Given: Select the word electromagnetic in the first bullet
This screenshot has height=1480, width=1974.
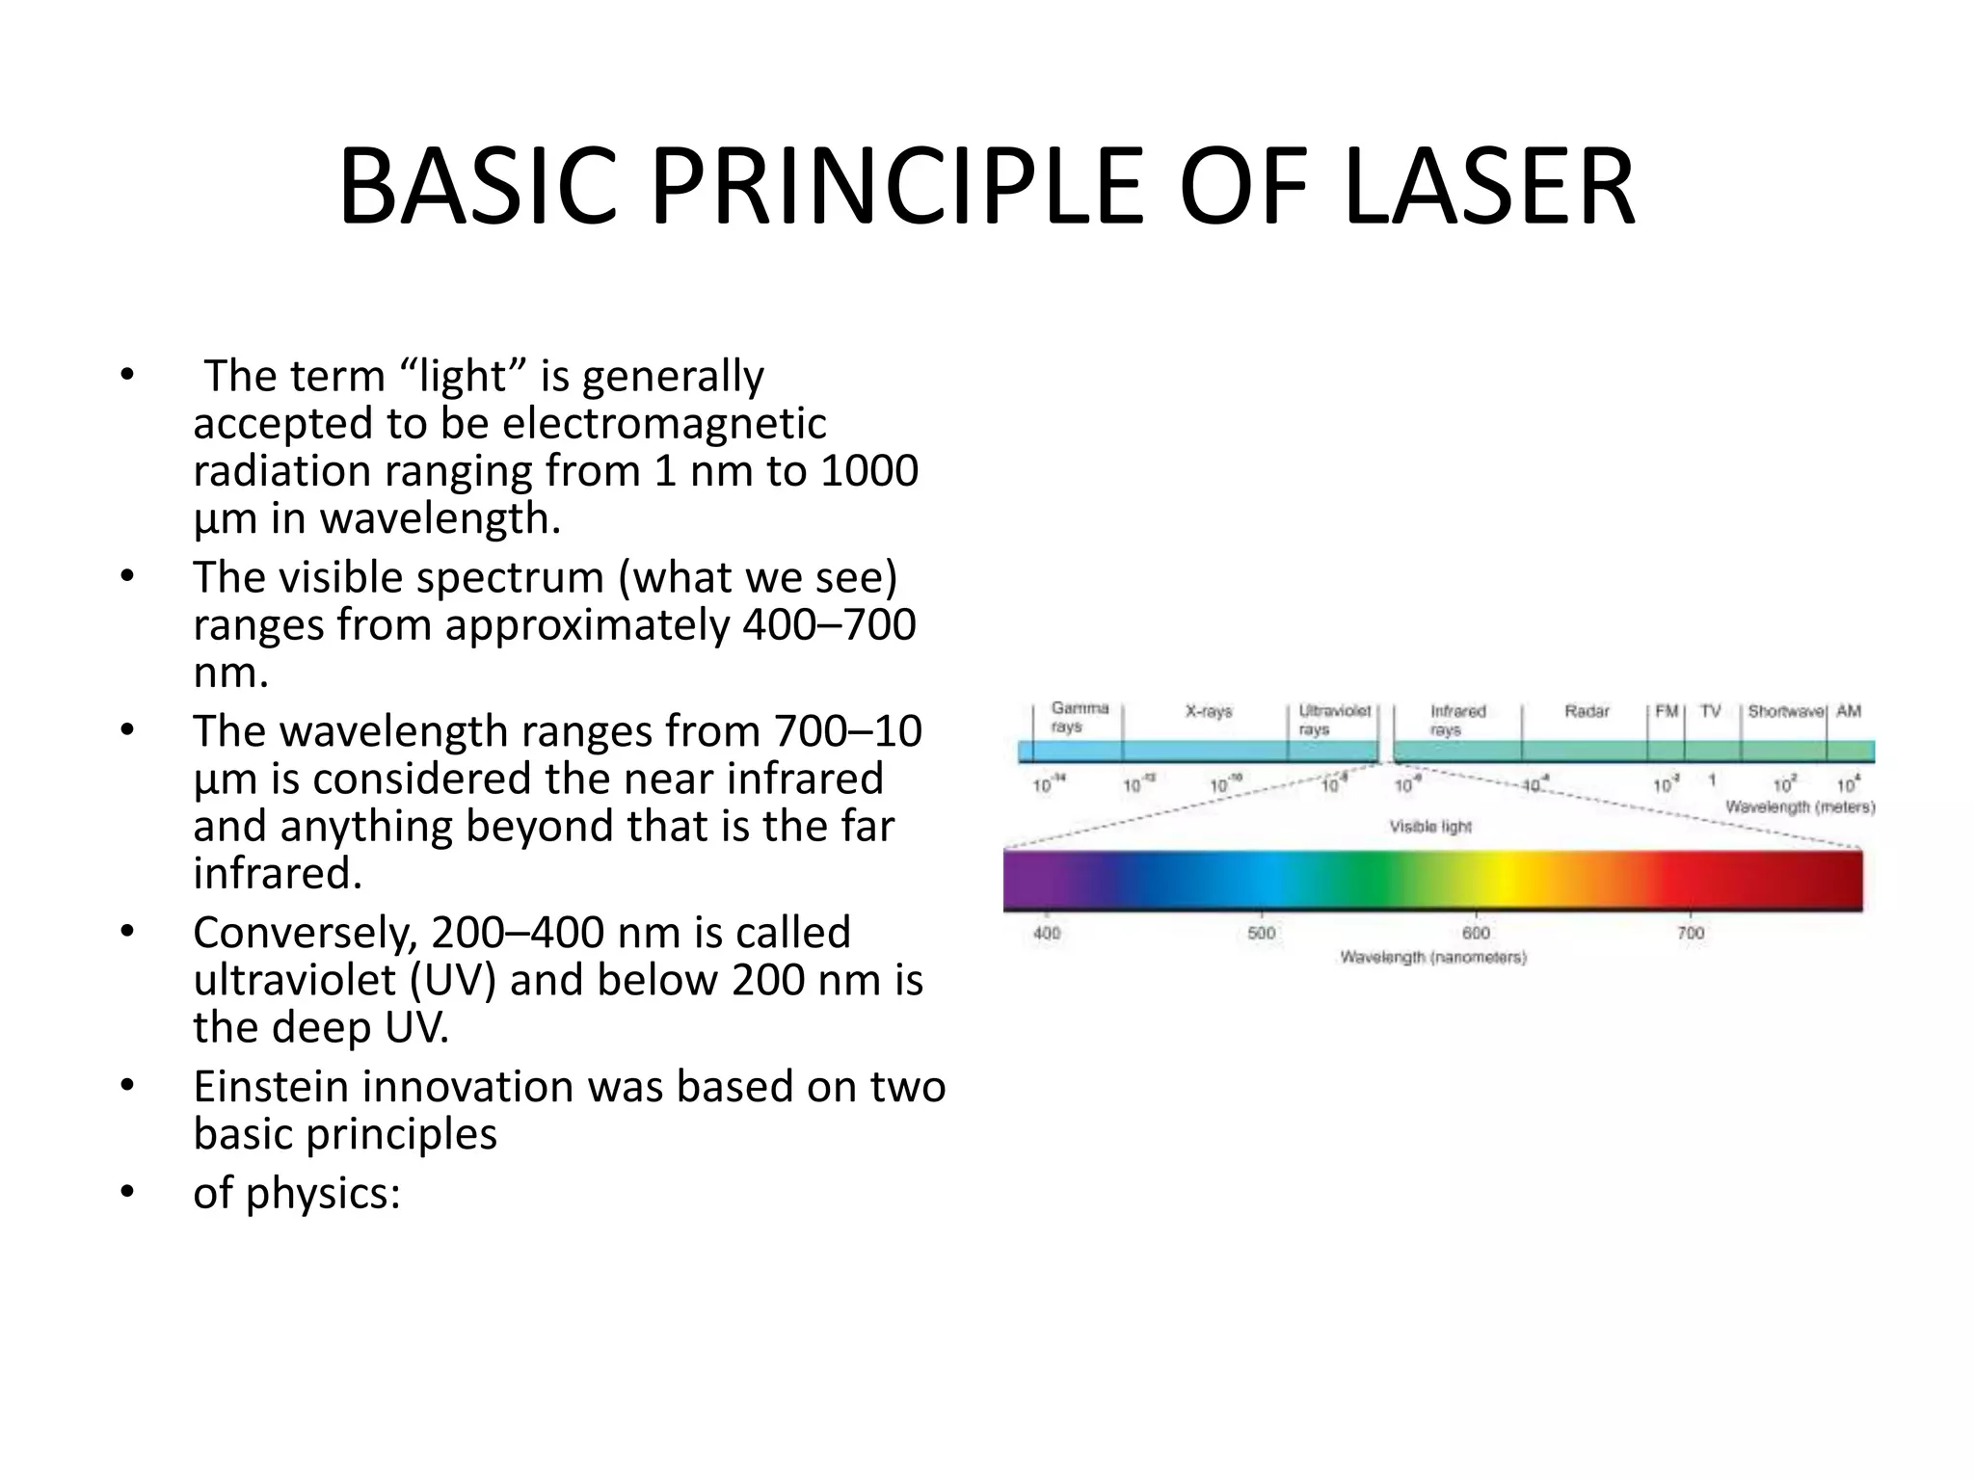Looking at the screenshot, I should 664,424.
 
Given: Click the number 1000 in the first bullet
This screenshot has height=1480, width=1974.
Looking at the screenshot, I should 868,471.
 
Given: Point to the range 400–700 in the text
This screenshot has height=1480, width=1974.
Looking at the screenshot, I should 829,625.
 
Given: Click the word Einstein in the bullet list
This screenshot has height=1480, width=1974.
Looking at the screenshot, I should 271,1087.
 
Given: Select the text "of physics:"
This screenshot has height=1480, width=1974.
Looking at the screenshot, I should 296,1193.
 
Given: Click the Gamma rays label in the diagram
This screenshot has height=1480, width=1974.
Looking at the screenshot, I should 1079,718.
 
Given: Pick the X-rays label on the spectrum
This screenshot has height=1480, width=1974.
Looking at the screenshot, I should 1208,712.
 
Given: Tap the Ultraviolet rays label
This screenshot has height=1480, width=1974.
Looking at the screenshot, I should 1333,720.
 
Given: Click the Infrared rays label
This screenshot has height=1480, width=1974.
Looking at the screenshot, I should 1456,720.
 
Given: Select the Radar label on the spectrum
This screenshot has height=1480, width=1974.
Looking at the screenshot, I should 1586,712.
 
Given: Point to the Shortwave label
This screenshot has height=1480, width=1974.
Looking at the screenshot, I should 1785,712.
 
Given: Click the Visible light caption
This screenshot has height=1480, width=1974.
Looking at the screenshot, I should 1429,827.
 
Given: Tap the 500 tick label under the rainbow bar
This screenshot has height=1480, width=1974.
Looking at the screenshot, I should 1261,933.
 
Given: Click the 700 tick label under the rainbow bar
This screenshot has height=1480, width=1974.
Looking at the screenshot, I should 1690,933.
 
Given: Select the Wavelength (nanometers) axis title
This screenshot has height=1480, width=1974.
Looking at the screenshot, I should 1432,958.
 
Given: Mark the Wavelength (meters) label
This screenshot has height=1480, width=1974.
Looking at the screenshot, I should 1799,806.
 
